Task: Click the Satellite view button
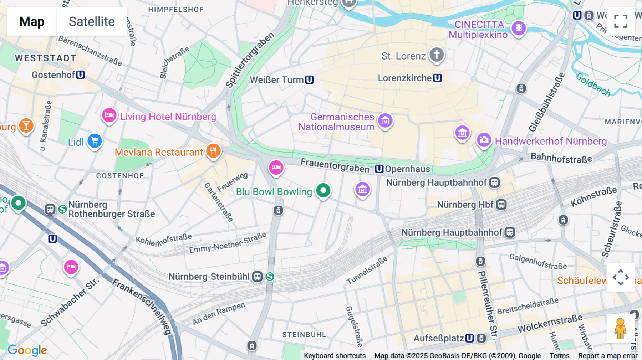click(x=92, y=21)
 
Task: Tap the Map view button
click(x=32, y=21)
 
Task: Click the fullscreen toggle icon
click(x=621, y=21)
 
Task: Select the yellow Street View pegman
click(x=620, y=328)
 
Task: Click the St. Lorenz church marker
click(x=437, y=55)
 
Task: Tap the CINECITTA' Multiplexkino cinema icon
click(x=519, y=28)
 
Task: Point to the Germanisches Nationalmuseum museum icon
click(x=385, y=121)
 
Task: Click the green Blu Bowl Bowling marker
click(x=323, y=191)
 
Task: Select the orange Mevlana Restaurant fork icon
click(x=213, y=151)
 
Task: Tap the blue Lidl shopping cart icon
click(x=95, y=141)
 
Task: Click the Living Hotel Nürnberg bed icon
click(x=109, y=115)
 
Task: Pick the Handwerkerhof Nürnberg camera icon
click(x=484, y=140)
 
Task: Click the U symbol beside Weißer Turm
click(x=310, y=80)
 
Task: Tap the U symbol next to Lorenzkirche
click(x=438, y=78)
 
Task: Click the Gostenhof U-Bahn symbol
click(x=81, y=75)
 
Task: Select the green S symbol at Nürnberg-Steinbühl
click(x=270, y=277)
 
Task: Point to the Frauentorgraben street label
click(x=335, y=165)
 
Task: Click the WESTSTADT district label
click(x=45, y=58)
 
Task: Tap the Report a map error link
click(x=607, y=356)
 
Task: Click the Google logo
click(x=27, y=350)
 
